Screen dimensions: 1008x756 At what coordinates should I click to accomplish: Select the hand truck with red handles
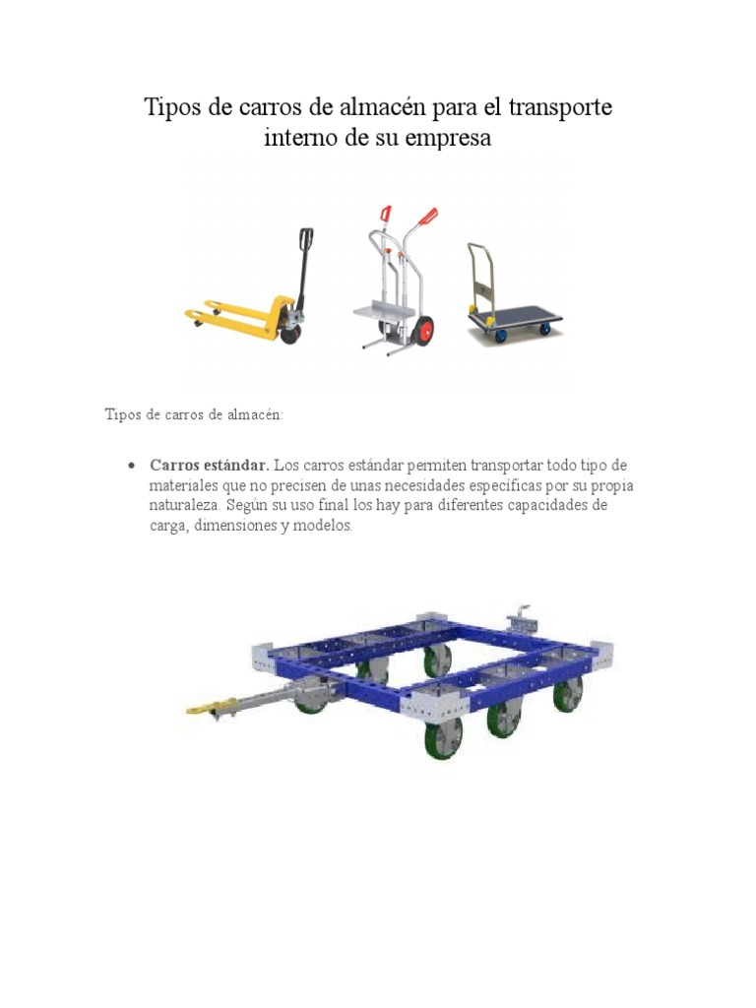coord(394,281)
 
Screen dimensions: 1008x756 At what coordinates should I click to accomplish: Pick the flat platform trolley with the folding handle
coord(512,305)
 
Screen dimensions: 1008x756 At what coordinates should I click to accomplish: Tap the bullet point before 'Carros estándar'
coord(130,465)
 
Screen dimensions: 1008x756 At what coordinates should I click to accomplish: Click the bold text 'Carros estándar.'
coord(209,465)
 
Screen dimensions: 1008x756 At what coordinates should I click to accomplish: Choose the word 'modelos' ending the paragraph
coord(320,526)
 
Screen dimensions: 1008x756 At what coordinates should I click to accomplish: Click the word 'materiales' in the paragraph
coord(184,485)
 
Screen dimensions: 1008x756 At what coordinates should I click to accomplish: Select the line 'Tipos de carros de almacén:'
coord(194,414)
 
